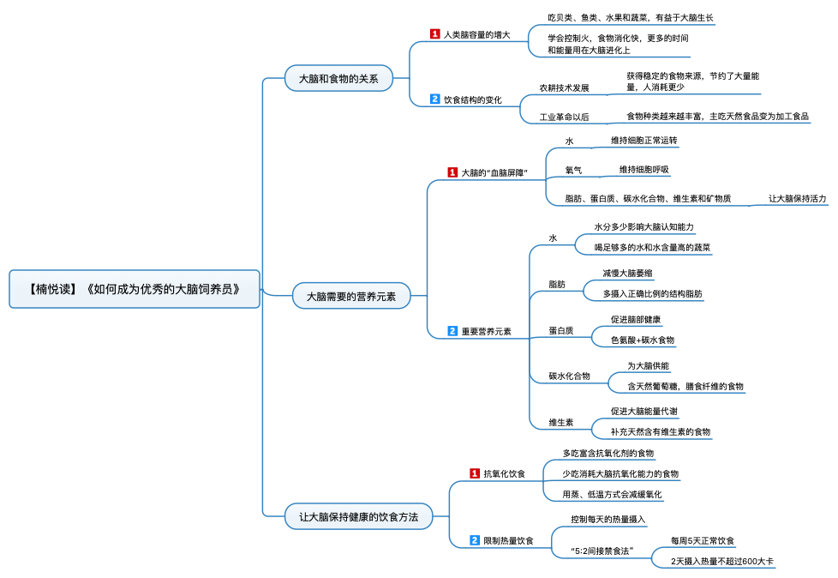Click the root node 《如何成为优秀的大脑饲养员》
tap(135, 289)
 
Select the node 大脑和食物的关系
tap(338, 79)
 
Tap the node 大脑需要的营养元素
tap(351, 296)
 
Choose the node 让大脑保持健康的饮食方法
tap(359, 516)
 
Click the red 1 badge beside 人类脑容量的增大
tap(435, 34)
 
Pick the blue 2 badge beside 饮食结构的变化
tap(435, 99)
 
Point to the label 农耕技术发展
tap(564, 87)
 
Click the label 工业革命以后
tap(564, 117)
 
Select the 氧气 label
tap(573, 170)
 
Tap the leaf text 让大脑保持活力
tap(798, 198)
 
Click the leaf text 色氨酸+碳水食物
tap(643, 340)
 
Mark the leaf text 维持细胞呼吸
tap(644, 170)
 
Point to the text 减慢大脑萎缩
tap(627, 274)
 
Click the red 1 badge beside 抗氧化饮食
tap(475, 473)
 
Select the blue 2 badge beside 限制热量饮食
tap(475, 540)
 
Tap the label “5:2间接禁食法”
tap(602, 551)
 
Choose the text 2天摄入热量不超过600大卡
tap(722, 562)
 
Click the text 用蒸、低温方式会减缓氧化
tap(612, 495)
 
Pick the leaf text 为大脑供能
tap(649, 365)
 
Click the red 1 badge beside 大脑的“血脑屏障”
tap(452, 172)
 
